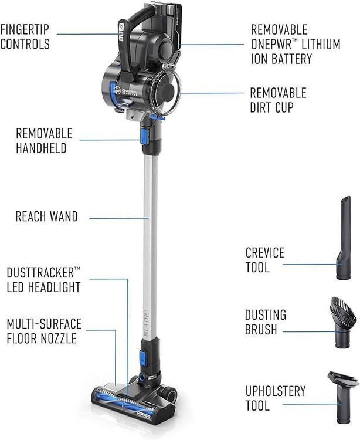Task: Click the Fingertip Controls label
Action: pyautogui.click(x=25, y=37)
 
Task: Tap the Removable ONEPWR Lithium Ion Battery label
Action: pyautogui.click(x=296, y=45)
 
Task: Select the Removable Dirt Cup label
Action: pyautogui.click(x=278, y=100)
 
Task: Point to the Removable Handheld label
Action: pyautogui.click(x=44, y=141)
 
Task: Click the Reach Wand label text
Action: pyautogui.click(x=46, y=216)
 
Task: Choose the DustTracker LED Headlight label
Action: pyautogui.click(x=43, y=280)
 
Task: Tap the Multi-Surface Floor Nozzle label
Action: pyautogui.click(x=44, y=331)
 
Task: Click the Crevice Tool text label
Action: pyautogui.click(x=264, y=260)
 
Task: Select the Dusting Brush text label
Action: pyautogui.click(x=266, y=322)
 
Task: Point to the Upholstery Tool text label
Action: pyautogui.click(x=276, y=398)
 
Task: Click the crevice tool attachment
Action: pyautogui.click(x=344, y=238)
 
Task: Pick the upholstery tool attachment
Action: pyautogui.click(x=343, y=397)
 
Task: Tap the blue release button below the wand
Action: pyautogui.click(x=142, y=358)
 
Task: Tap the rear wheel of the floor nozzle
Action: pyautogui.click(x=171, y=392)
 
